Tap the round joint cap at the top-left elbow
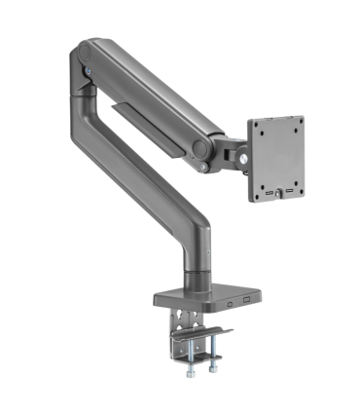pyautogui.click(x=85, y=52)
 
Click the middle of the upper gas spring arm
pyautogui.click(x=146, y=93)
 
